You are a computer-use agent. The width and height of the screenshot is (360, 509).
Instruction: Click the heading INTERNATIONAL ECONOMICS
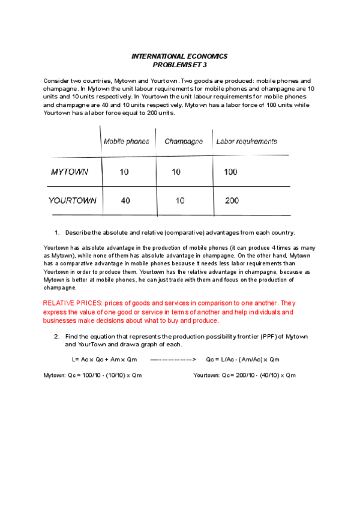click(179, 56)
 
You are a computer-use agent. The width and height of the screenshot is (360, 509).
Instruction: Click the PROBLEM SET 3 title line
click(179, 64)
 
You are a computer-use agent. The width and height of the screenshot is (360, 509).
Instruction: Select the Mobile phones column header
click(127, 142)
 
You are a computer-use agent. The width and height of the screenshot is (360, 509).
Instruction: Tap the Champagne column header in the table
click(184, 142)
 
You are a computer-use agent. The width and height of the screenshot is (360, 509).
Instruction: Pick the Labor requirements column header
click(246, 142)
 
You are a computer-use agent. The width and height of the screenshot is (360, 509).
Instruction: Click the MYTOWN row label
click(70, 172)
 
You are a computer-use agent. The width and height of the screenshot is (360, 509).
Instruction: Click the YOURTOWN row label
click(72, 201)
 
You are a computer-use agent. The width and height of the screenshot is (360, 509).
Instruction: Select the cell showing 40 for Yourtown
click(125, 201)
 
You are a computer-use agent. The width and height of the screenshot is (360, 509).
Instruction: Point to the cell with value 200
click(232, 201)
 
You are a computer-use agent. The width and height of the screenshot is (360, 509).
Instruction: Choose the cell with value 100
click(230, 172)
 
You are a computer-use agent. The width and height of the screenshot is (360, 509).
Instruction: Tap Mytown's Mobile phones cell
click(124, 172)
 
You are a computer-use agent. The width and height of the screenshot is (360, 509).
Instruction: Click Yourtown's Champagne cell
click(179, 201)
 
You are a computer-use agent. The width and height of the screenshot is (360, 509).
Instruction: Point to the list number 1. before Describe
click(57, 232)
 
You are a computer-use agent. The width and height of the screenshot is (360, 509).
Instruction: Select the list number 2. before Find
click(57, 337)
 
